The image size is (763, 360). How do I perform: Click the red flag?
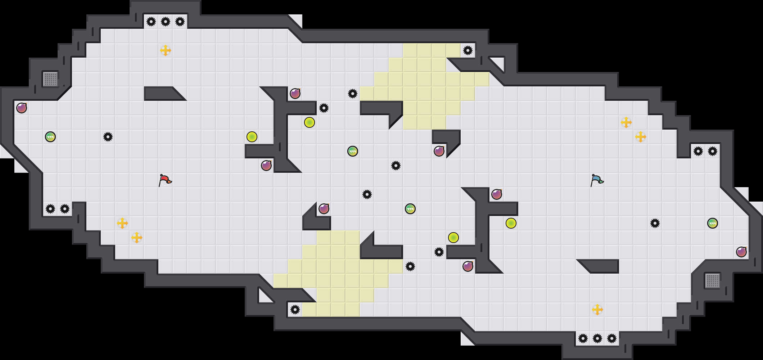coord(165,180)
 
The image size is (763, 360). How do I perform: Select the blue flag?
coord(597,180)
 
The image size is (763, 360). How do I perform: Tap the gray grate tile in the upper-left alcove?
coord(50,79)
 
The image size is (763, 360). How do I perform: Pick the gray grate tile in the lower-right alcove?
coord(712,281)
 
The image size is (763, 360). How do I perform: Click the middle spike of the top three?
coord(166,22)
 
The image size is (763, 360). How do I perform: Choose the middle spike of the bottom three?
coord(597,338)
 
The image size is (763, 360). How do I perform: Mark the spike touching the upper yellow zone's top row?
coord(468,50)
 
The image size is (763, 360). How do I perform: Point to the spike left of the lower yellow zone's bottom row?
coord(295,310)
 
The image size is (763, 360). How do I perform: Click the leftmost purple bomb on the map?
coord(22,108)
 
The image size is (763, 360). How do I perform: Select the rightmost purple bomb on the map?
coord(741,252)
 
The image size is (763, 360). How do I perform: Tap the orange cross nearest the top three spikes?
coord(166,50)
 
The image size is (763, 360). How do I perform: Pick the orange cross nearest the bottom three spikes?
coord(597,310)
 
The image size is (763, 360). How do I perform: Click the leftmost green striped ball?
coord(50,137)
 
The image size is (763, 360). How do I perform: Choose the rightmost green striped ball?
coord(713,223)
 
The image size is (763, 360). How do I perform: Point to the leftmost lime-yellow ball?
coord(252,137)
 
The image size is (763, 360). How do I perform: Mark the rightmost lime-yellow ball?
coord(511,223)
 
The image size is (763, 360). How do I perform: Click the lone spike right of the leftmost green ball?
coord(108,137)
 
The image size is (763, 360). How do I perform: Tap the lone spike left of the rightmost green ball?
coord(655,223)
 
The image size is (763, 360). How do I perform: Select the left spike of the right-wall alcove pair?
coord(698,151)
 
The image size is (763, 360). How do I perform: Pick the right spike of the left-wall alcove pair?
coord(65,209)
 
